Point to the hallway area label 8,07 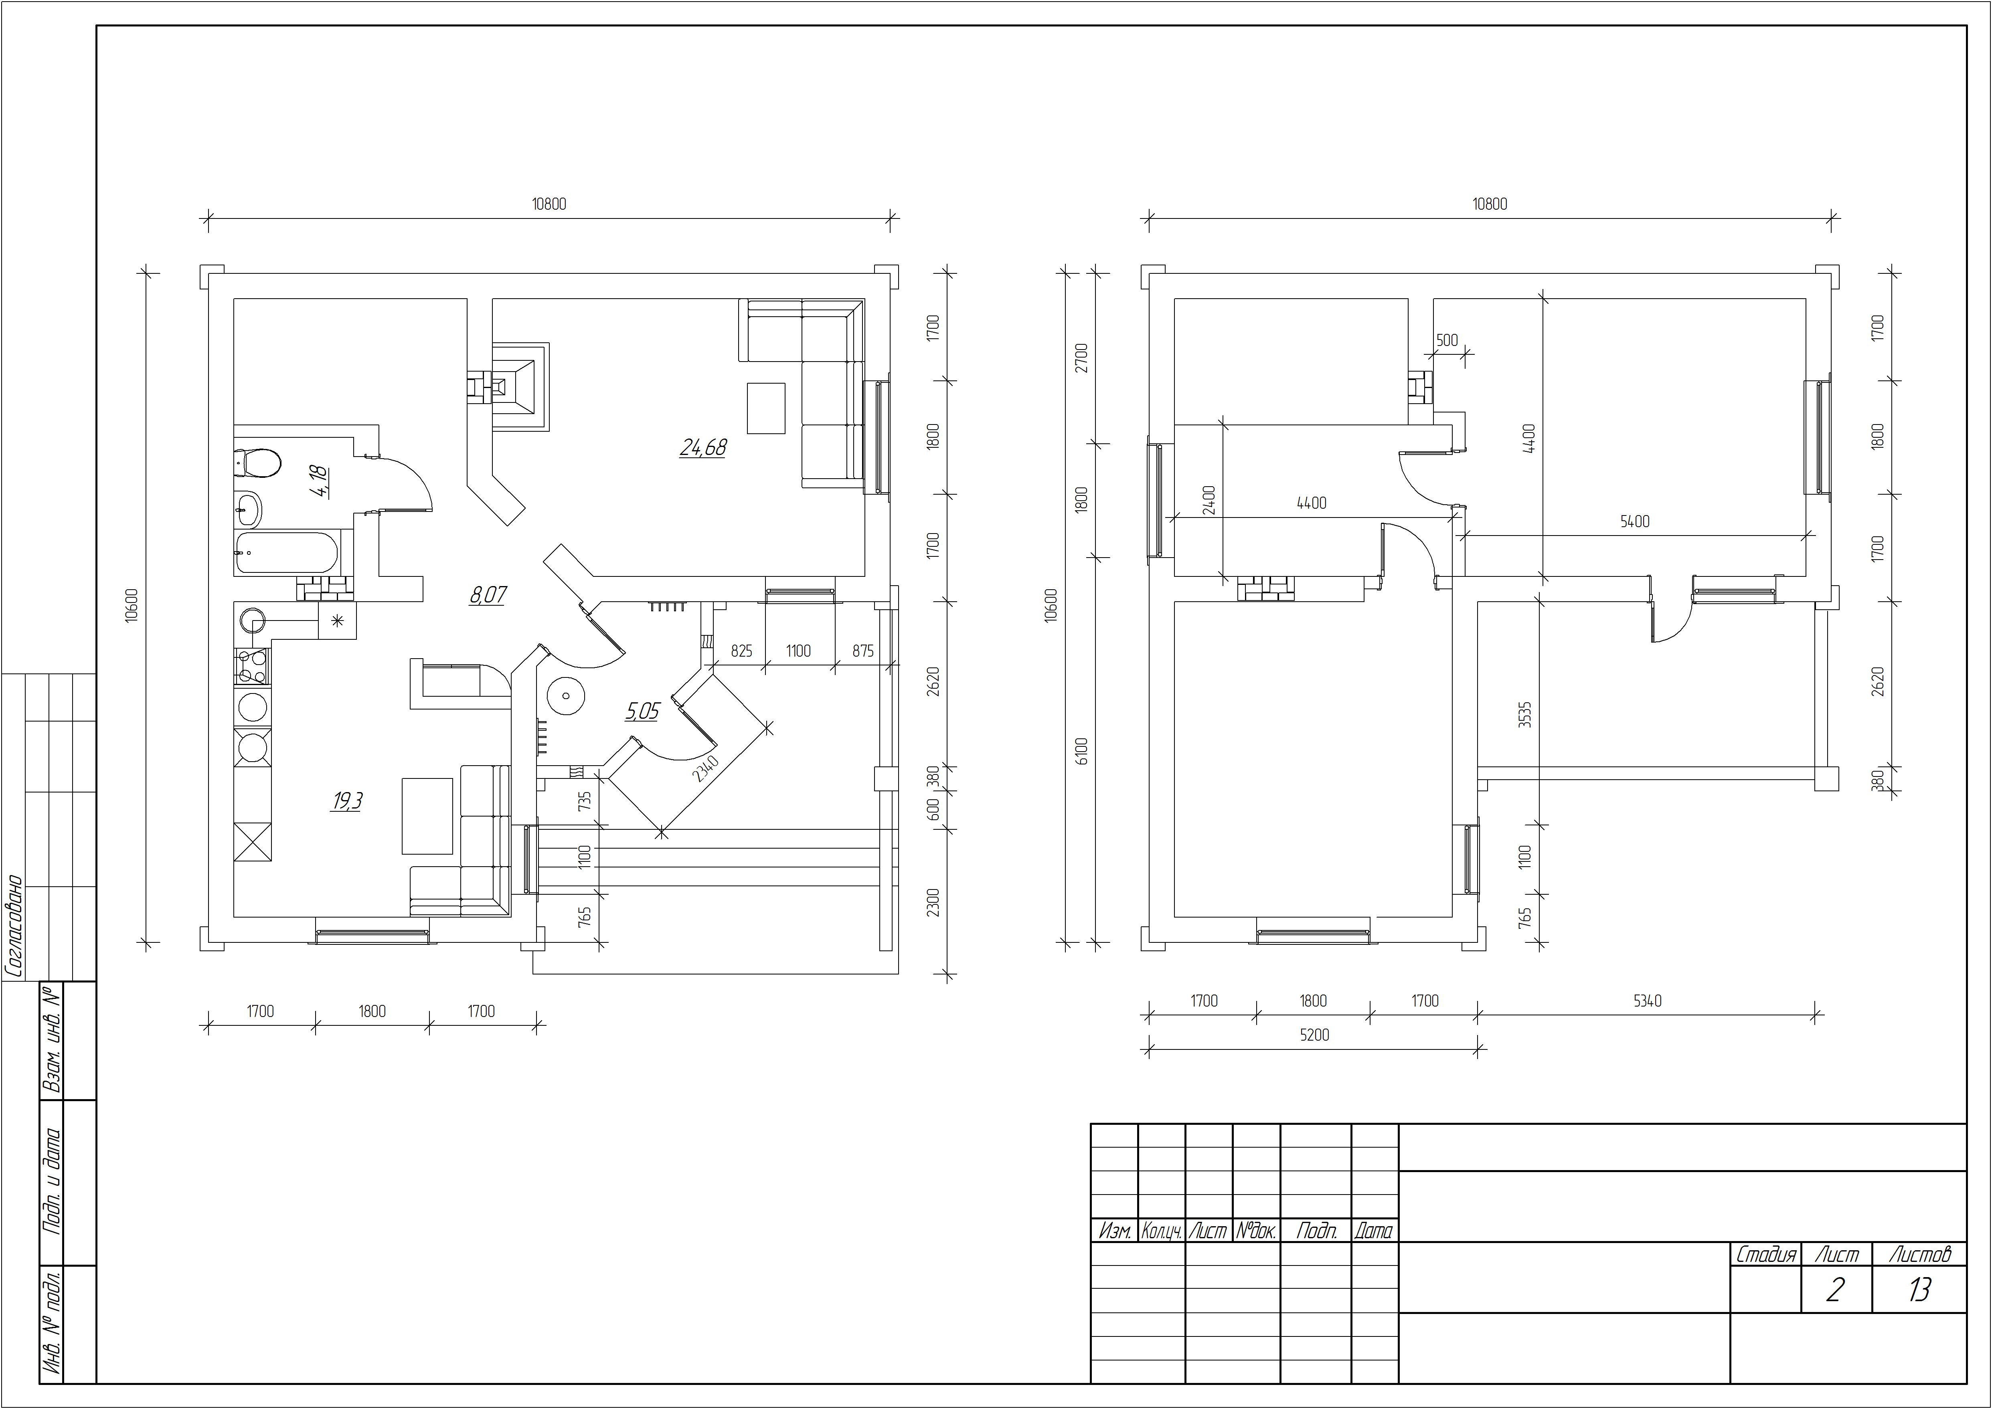click(488, 595)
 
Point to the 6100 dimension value click(1080, 750)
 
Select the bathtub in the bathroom click(286, 554)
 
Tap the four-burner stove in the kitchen click(253, 666)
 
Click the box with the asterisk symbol click(338, 621)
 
